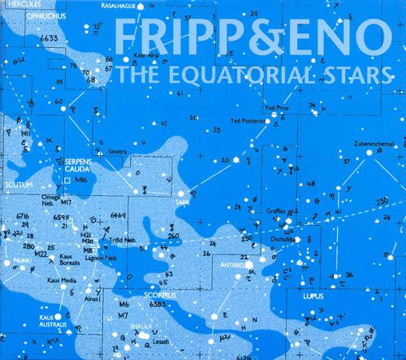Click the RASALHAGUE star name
pos(121,5)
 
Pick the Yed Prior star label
pos(277,106)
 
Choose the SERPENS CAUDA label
pos(80,166)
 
